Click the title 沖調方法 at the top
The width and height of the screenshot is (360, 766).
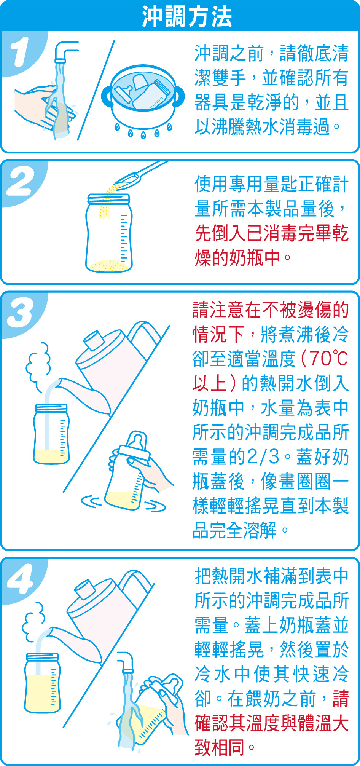187,17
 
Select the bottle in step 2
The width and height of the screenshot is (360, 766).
109,233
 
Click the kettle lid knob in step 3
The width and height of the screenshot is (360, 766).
94,340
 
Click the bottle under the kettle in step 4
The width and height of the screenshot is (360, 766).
42,683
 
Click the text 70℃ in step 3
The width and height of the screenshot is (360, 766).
328,358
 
